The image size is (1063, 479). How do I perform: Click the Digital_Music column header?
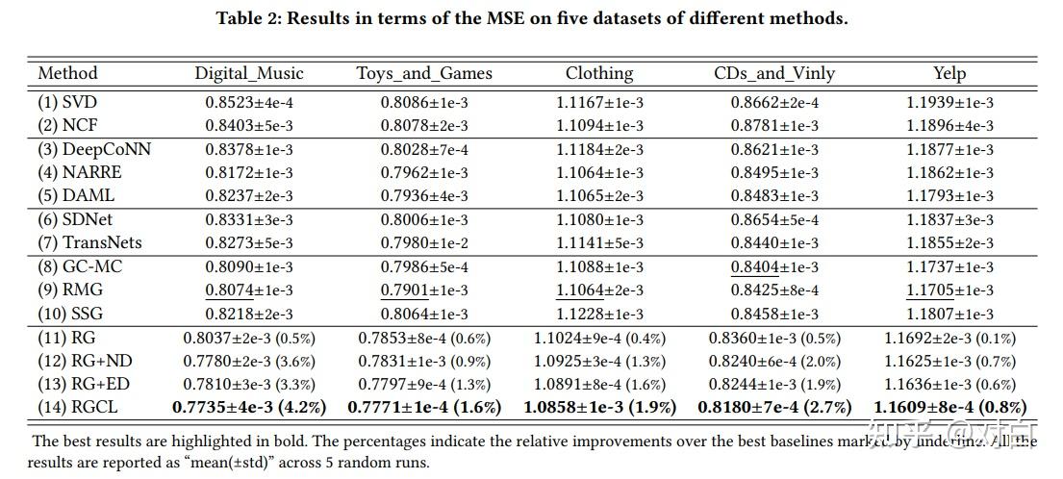[x=249, y=73]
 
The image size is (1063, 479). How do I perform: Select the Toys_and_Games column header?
[x=424, y=73]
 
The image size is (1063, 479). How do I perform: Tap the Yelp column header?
[x=949, y=73]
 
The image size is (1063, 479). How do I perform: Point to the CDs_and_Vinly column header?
[x=774, y=73]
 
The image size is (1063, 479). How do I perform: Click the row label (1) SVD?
[x=67, y=102]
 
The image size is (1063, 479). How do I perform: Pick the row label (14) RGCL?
[x=78, y=407]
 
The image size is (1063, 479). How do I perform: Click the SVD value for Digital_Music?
[x=249, y=102]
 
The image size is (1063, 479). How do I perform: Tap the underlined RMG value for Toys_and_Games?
[x=424, y=290]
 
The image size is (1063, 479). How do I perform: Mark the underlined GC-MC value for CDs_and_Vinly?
[x=774, y=266]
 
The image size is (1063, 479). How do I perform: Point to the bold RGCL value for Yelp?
[x=949, y=407]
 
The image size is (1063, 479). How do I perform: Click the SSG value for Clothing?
[x=599, y=314]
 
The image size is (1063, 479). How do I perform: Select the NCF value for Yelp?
[x=949, y=125]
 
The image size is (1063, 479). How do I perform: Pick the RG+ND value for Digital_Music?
[x=249, y=361]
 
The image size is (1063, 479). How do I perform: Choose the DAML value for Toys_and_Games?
[x=424, y=196]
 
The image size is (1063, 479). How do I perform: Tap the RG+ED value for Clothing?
[x=599, y=384]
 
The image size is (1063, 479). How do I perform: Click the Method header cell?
[x=67, y=73]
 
